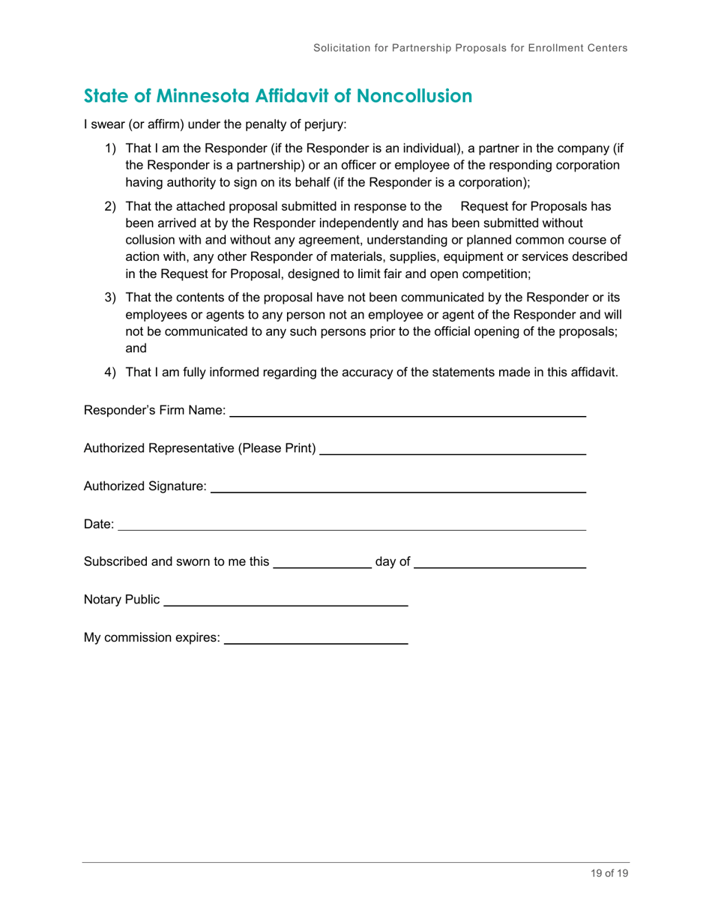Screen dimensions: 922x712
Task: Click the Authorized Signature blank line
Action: click(x=398, y=492)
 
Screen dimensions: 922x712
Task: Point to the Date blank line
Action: click(x=352, y=530)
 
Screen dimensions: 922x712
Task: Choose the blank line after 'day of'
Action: click(x=499, y=568)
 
